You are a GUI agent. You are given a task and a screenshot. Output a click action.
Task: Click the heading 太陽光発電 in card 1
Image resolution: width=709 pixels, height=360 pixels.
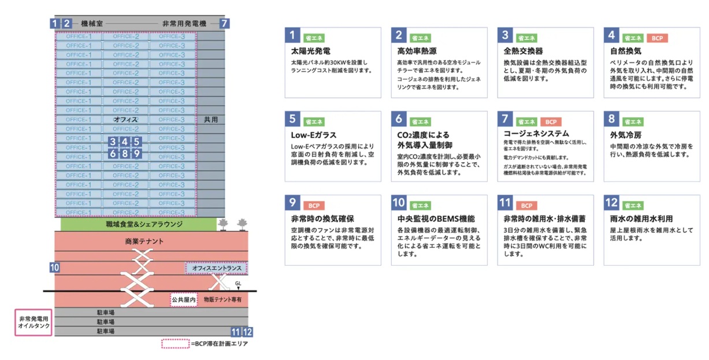click(x=311, y=51)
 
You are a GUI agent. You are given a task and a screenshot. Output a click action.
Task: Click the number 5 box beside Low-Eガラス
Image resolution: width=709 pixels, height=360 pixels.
click(x=293, y=119)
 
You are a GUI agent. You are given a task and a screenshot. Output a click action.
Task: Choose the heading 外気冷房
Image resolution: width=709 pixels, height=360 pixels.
click(x=626, y=135)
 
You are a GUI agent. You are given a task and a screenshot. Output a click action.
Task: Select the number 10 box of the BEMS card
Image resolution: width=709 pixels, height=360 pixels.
click(x=399, y=203)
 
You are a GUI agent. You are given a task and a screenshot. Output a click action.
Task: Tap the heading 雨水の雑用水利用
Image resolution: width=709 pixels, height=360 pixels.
click(x=641, y=219)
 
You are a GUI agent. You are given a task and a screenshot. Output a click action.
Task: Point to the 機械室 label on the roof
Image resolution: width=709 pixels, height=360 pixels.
click(x=92, y=24)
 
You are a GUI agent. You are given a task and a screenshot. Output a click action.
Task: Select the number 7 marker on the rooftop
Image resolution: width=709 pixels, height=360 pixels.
click(x=224, y=24)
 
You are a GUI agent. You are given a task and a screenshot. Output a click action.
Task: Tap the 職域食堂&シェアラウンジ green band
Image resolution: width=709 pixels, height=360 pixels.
click(x=136, y=224)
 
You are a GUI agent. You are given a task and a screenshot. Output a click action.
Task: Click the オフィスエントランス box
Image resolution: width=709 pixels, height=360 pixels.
click(x=216, y=268)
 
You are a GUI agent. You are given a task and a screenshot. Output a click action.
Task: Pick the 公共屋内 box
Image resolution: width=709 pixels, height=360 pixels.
click(x=183, y=300)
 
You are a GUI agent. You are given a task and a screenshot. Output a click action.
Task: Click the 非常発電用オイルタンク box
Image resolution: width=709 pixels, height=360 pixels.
click(x=34, y=322)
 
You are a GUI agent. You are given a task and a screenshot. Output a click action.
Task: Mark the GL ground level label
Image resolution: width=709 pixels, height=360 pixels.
click(x=238, y=283)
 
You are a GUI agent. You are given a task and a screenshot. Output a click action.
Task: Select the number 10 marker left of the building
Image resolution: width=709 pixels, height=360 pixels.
click(x=54, y=268)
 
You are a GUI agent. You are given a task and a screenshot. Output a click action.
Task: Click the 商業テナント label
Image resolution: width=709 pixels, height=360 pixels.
click(x=144, y=242)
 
